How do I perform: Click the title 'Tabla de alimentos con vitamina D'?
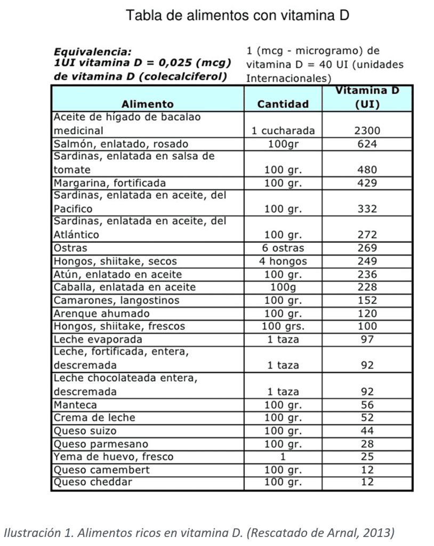pyautogui.click(x=237, y=15)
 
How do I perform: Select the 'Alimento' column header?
pyautogui.click(x=148, y=104)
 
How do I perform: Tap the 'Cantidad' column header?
pyautogui.click(x=283, y=104)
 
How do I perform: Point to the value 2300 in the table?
pyautogui.click(x=367, y=131)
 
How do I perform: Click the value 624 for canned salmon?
pyautogui.click(x=367, y=144)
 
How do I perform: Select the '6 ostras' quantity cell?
pyautogui.click(x=283, y=248)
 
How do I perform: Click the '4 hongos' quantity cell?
pyautogui.click(x=283, y=261)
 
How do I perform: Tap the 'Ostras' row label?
pyautogui.click(x=70, y=248)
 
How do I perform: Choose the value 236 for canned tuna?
pyautogui.click(x=367, y=274)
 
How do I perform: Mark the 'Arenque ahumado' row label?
pyautogui.click(x=102, y=313)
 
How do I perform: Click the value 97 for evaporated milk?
pyautogui.click(x=367, y=339)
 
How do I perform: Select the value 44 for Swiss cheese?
pyautogui.click(x=367, y=430)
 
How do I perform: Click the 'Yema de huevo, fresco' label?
pyautogui.click(x=114, y=456)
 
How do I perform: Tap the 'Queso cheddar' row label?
pyautogui.click(x=93, y=483)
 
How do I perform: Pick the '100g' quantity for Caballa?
pyautogui.click(x=283, y=287)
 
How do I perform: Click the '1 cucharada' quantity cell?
pyautogui.click(x=283, y=131)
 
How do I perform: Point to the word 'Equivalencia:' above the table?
pyautogui.click(x=92, y=52)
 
